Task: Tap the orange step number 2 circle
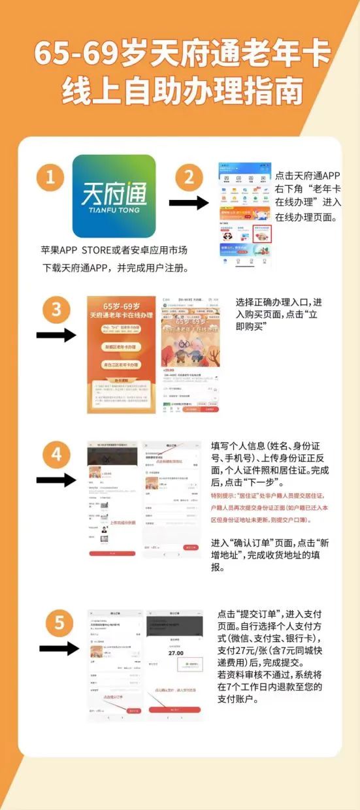click(x=189, y=177)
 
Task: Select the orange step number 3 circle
click(x=56, y=308)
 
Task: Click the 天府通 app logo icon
click(x=114, y=196)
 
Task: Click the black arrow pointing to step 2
click(x=188, y=203)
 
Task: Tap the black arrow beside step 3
click(x=56, y=335)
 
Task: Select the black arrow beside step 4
click(x=56, y=480)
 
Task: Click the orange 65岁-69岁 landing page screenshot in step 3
click(x=122, y=355)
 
